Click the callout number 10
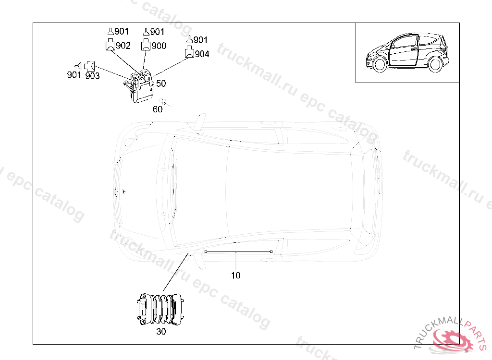(x=235, y=276)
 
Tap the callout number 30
(x=161, y=332)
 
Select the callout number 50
(x=161, y=84)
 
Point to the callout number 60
(x=158, y=109)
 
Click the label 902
(x=123, y=46)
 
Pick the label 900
(x=159, y=46)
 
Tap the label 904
(x=202, y=54)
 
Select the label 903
(x=93, y=75)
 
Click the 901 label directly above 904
(x=200, y=40)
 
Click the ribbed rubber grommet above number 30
(x=160, y=309)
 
